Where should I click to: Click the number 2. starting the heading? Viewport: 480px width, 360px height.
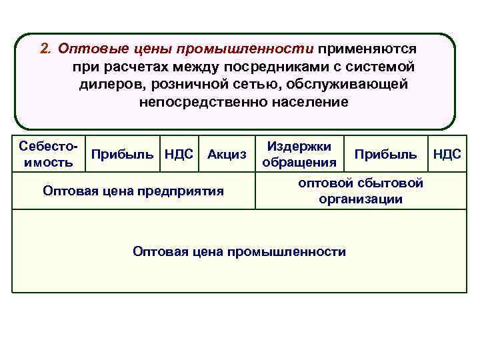pyautogui.click(x=45, y=49)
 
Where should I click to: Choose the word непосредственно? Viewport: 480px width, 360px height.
pyautogui.click(x=190, y=102)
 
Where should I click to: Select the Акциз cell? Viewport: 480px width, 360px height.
pyautogui.click(x=227, y=155)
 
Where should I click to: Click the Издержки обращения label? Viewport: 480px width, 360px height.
pyautogui.click(x=299, y=154)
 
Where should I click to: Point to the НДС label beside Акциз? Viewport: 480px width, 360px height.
pyautogui.click(x=179, y=155)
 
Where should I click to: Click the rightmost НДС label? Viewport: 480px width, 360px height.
pyautogui.click(x=447, y=155)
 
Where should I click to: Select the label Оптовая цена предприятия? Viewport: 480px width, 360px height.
pyautogui.click(x=133, y=191)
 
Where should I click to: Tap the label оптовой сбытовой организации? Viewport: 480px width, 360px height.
pyautogui.click(x=360, y=191)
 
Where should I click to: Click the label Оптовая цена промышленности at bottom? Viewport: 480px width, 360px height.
pyautogui.click(x=239, y=251)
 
